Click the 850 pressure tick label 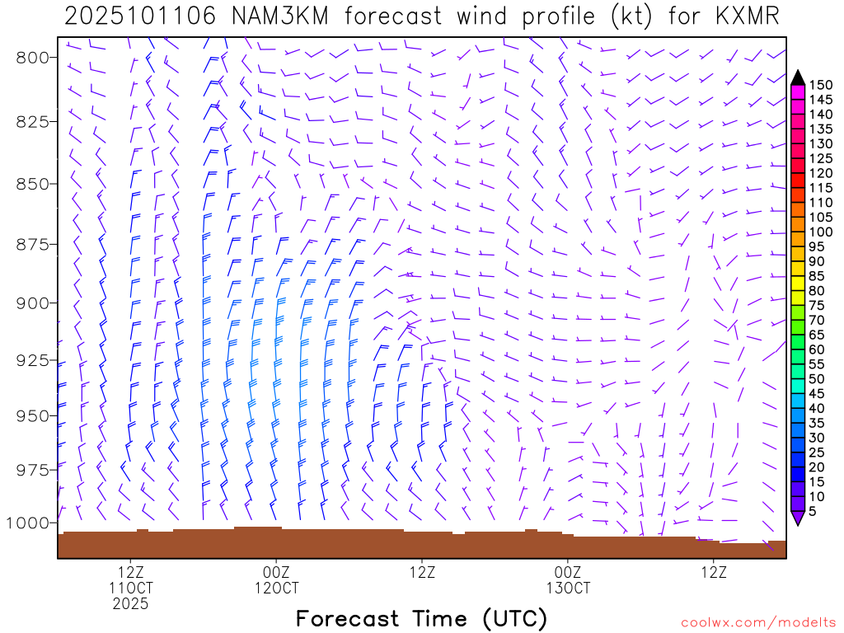[x=34, y=183]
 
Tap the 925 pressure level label [x=34, y=360]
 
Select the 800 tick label [x=34, y=57]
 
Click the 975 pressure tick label [x=34, y=470]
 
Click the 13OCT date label [x=568, y=588]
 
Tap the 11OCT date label [x=131, y=588]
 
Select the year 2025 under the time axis [x=131, y=604]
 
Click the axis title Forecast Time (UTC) [x=421, y=618]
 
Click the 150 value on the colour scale [x=821, y=85]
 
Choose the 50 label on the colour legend [x=818, y=378]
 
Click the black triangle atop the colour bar [x=797, y=77]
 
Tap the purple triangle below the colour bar [x=797, y=518]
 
